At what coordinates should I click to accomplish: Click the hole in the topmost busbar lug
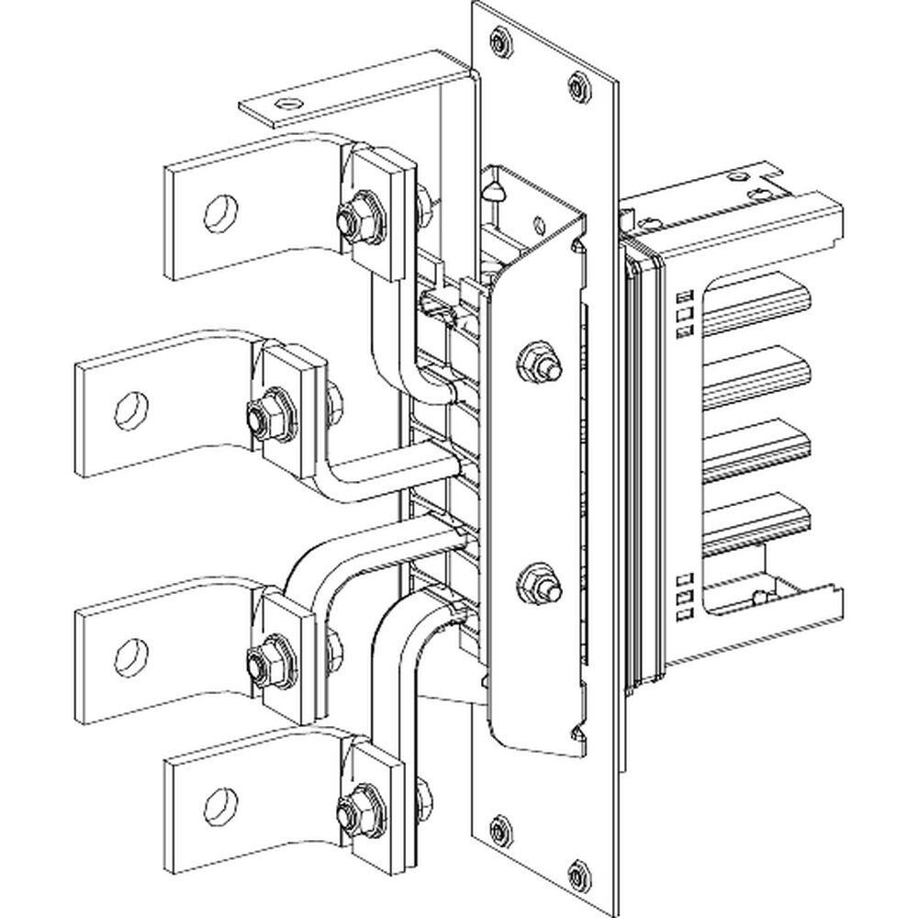click(x=220, y=212)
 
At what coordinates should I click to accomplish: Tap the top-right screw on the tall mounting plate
click(x=577, y=85)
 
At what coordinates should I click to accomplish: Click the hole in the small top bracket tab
click(x=290, y=104)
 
